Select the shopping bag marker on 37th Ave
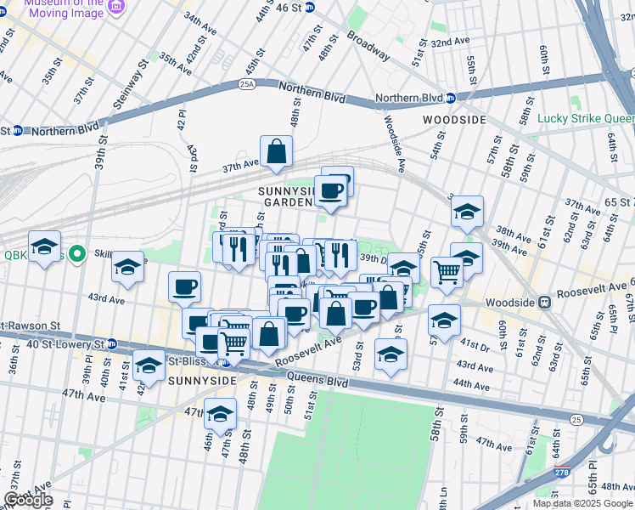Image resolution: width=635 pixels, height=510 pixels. (276, 153)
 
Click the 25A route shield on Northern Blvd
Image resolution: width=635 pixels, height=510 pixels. (247, 84)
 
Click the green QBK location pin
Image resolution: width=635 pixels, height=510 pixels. (76, 254)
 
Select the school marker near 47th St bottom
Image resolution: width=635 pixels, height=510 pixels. (220, 416)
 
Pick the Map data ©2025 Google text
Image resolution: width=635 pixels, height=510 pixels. (582, 503)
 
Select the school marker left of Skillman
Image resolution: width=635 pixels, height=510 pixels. (127, 268)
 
